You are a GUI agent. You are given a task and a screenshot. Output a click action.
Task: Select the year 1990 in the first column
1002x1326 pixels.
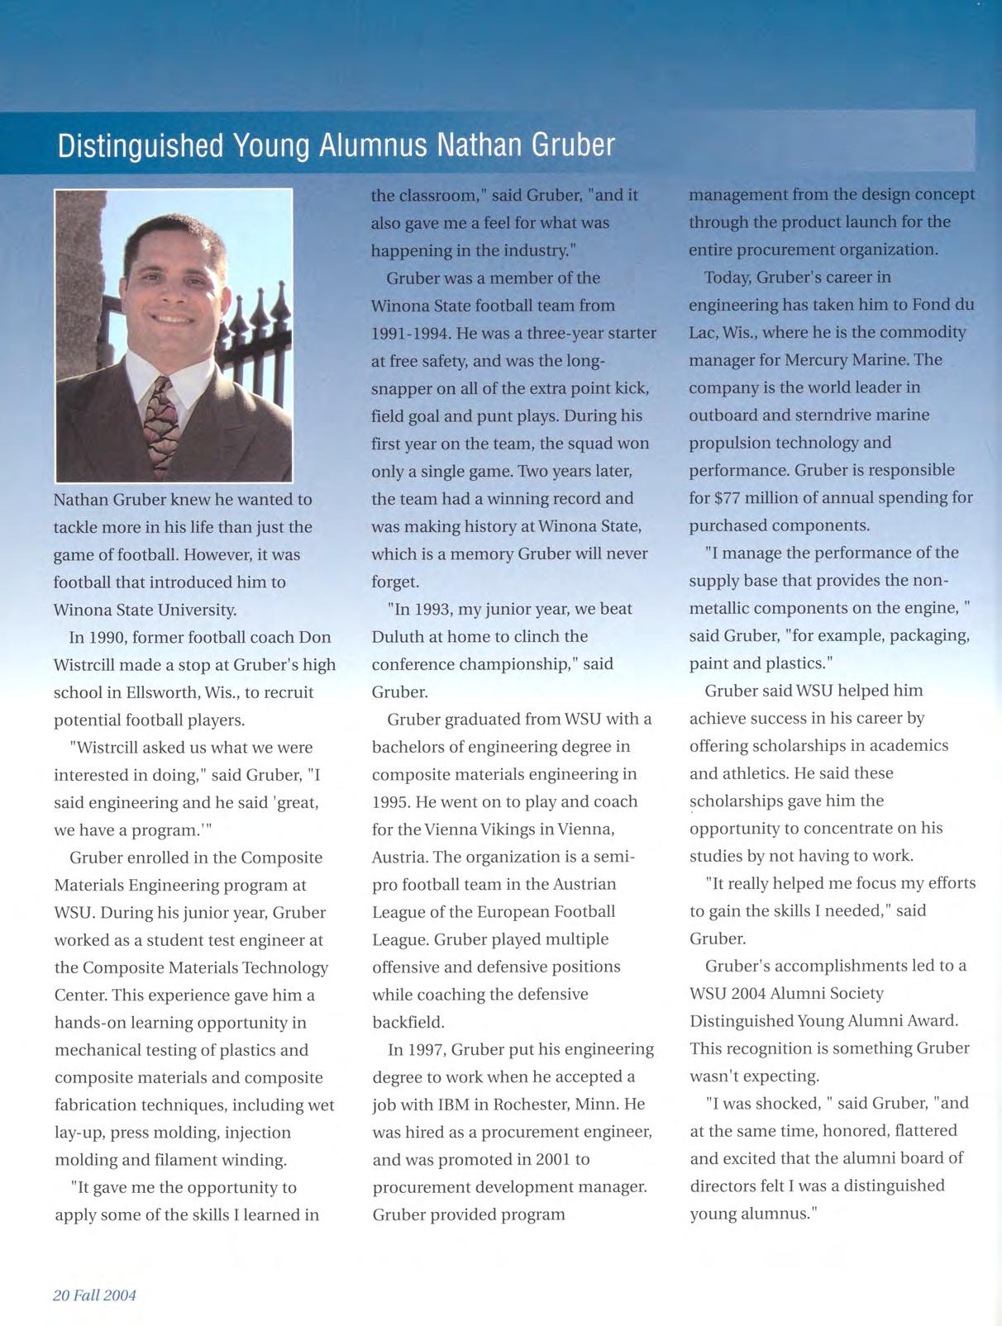[107, 638]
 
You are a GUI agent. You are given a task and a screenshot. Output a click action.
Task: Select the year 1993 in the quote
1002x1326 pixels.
[435, 609]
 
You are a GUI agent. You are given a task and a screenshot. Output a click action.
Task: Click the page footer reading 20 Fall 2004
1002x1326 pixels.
[94, 1295]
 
